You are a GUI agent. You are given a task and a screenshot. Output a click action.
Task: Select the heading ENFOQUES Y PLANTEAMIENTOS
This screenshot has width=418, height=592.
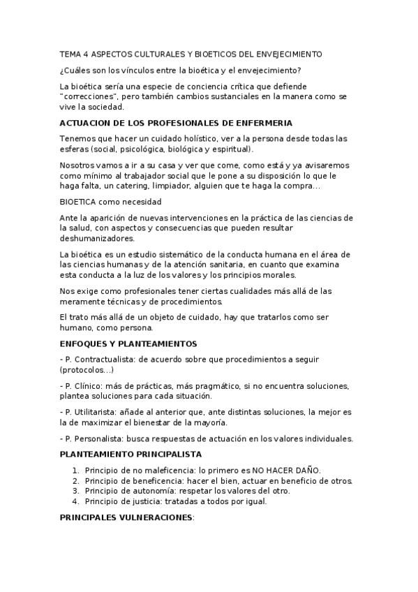click(x=128, y=343)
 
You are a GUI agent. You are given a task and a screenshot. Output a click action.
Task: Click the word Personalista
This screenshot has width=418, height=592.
click(x=100, y=438)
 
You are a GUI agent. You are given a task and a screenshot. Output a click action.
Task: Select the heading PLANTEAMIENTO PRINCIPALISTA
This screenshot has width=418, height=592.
click(x=130, y=454)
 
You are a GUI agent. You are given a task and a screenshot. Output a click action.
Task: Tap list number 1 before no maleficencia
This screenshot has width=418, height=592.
click(x=75, y=470)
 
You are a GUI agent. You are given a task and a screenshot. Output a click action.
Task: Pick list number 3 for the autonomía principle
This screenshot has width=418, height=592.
click(x=75, y=491)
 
